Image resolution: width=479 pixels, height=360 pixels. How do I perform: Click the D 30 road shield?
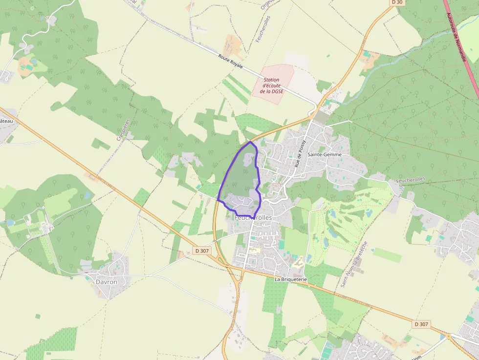point(398,2)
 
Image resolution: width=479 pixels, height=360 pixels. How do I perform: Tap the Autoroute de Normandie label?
point(456,37)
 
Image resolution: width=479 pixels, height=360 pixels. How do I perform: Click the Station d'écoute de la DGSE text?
point(271,85)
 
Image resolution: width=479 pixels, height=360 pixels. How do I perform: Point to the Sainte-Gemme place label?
point(325,154)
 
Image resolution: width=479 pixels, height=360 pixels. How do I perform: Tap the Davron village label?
point(107,282)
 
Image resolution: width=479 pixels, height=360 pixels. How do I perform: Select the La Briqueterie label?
point(290,279)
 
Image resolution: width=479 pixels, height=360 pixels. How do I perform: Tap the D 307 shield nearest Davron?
point(202,251)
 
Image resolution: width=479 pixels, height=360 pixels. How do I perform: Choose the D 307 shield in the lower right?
point(421,324)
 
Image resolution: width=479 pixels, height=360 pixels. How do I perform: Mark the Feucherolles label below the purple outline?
point(253,218)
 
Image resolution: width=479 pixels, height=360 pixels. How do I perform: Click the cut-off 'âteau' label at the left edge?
point(6,121)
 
